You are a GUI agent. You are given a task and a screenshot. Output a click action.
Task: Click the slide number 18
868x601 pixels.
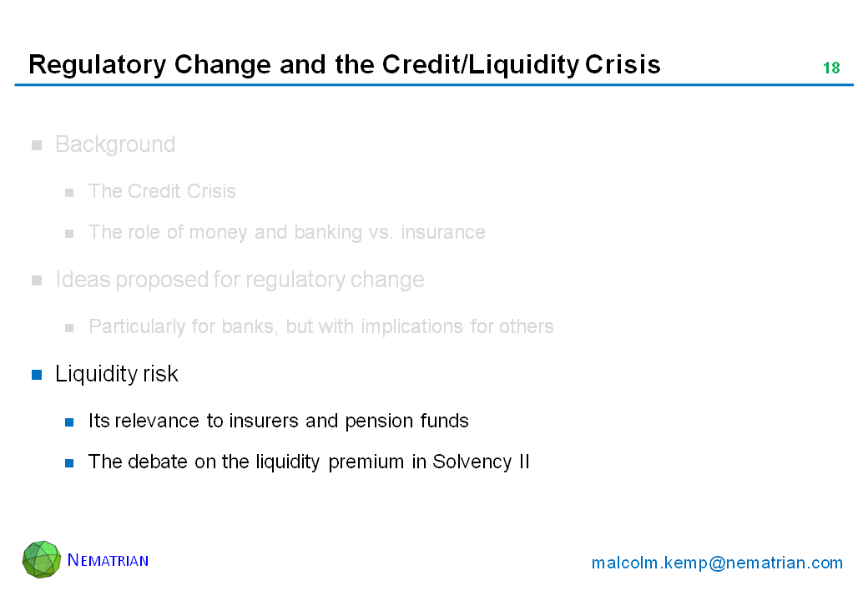[x=831, y=68]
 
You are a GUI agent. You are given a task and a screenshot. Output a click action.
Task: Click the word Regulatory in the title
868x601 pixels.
[x=97, y=65]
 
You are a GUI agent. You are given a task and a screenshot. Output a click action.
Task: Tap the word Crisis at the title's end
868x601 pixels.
[x=623, y=64]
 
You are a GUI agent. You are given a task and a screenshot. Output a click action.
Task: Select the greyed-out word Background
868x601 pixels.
[x=115, y=145]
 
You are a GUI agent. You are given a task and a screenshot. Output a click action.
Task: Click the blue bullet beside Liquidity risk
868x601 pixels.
[x=37, y=375]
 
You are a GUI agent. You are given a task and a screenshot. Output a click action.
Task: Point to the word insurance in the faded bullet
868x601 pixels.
[x=443, y=232]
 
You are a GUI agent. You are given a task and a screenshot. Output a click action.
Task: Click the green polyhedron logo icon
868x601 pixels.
[x=42, y=559]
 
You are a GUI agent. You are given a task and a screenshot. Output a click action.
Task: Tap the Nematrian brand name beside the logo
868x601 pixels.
[x=108, y=560]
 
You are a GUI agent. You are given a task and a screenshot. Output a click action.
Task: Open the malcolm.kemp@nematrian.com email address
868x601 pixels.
[x=717, y=563]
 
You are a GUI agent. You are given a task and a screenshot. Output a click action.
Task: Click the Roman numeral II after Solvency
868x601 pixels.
[x=523, y=461]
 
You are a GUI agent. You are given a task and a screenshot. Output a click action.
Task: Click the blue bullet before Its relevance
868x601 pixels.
[x=69, y=422]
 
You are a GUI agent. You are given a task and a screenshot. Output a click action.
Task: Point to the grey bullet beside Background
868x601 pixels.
[x=37, y=145]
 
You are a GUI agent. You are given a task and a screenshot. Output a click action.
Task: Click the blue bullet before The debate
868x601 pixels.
[x=69, y=463]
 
